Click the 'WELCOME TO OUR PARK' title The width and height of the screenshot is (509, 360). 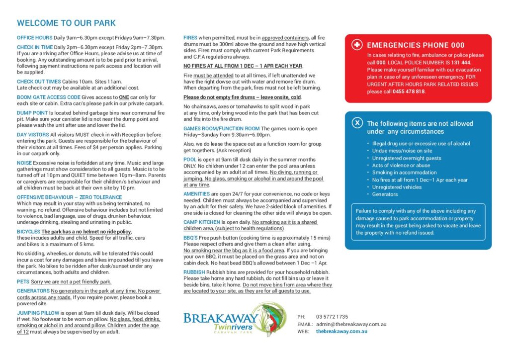pos(66,23)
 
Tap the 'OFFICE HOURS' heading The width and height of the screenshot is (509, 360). pos(34,38)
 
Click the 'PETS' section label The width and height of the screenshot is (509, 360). pos(23,281)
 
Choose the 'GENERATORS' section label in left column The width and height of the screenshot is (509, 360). pos(33,291)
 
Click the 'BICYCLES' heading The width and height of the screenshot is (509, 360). pos(28,232)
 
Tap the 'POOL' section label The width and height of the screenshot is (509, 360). pos(190,160)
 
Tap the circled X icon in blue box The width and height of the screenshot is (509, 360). pos(357,123)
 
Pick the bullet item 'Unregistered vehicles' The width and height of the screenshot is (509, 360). pos(397,187)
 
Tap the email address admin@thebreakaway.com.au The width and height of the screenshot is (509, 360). pos(351,324)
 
